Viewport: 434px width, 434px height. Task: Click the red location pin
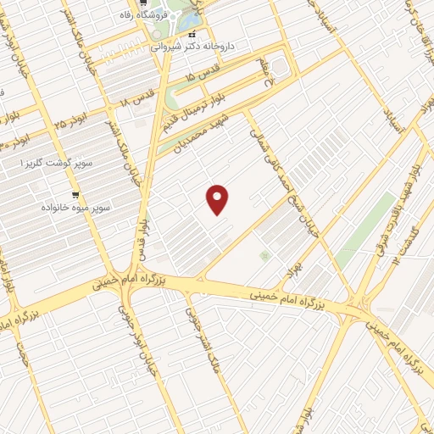click(x=219, y=198)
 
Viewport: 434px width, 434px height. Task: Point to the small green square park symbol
click(x=264, y=255)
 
